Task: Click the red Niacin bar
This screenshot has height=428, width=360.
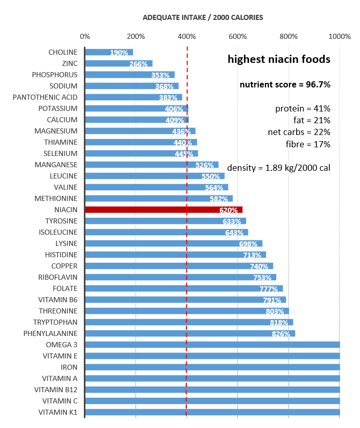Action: pos(164,210)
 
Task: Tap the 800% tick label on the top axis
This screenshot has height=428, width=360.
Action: pos(288,36)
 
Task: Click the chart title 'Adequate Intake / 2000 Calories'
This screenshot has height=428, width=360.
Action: pos(203,17)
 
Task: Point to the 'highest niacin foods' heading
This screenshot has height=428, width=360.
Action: pos(279,59)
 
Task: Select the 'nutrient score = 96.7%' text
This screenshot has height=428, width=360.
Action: pos(285,84)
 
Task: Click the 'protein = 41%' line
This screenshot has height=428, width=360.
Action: pos(303,108)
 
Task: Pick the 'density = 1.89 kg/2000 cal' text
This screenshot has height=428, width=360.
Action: pos(279,167)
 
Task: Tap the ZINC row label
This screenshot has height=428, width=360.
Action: pos(69,63)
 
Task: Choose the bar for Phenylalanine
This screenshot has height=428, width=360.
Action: pos(190,333)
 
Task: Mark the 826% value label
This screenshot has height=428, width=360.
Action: pos(281,334)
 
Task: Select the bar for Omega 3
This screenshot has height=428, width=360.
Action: pos(212,345)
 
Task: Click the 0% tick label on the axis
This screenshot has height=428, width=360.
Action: pos(85,36)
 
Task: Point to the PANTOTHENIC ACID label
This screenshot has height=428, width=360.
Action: pos(45,97)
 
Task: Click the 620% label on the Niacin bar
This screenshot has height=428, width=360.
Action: pos(229,210)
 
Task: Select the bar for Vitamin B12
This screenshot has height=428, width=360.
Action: pos(212,390)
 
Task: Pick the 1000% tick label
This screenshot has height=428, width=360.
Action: pos(340,36)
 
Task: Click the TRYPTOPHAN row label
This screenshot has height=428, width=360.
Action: pos(55,322)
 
